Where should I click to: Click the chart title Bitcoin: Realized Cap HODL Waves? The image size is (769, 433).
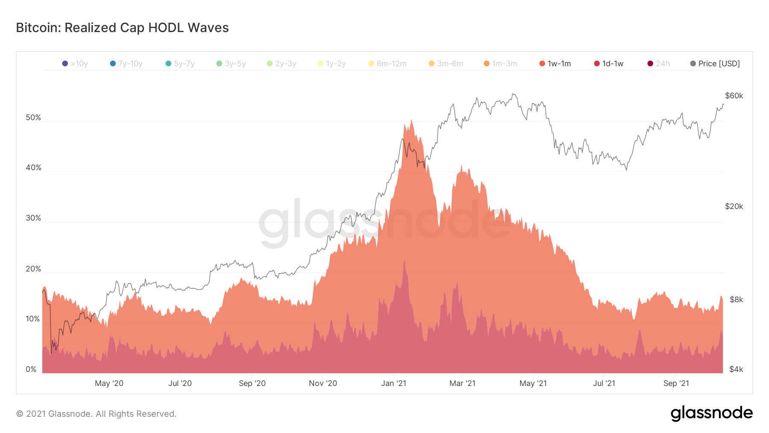click(x=122, y=28)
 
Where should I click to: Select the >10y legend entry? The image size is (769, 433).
click(x=75, y=64)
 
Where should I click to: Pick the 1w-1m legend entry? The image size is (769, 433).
click(x=555, y=64)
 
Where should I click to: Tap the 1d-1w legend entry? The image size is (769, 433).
click(x=609, y=64)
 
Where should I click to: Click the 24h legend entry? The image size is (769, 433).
click(x=659, y=64)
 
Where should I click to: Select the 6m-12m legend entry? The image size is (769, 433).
click(x=387, y=64)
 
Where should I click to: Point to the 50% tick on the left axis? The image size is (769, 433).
click(x=33, y=118)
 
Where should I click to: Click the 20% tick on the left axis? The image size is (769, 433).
click(x=33, y=269)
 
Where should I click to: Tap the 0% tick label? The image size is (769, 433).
click(x=31, y=369)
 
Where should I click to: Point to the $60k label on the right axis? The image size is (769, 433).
click(x=734, y=96)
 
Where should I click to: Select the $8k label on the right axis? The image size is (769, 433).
click(x=736, y=300)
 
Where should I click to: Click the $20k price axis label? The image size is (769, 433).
click(x=734, y=206)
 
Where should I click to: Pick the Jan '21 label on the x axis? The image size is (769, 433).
click(x=393, y=383)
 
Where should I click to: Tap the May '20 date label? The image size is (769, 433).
click(x=109, y=383)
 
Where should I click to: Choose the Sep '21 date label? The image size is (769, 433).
click(x=676, y=383)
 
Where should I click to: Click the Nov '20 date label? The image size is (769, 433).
click(x=323, y=383)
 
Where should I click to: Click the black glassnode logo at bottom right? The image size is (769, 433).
click(x=711, y=413)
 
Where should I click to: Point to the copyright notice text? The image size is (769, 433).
click(x=96, y=414)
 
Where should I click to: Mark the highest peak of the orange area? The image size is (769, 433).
click(x=411, y=120)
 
